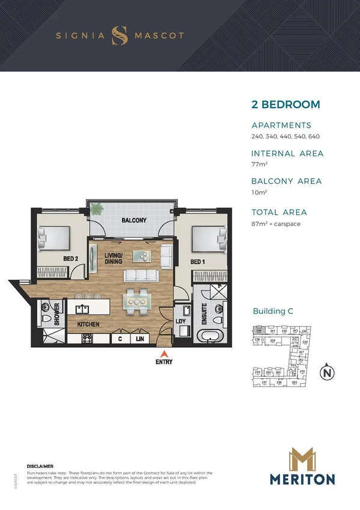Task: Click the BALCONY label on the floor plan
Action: coord(133,220)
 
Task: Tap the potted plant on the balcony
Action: coord(96,210)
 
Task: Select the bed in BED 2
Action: coord(53,241)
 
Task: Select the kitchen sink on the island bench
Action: coord(81,309)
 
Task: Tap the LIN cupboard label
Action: coord(139,339)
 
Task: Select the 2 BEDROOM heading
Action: coord(285,105)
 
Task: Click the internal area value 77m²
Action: coord(258,164)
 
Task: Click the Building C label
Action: coord(277,312)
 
